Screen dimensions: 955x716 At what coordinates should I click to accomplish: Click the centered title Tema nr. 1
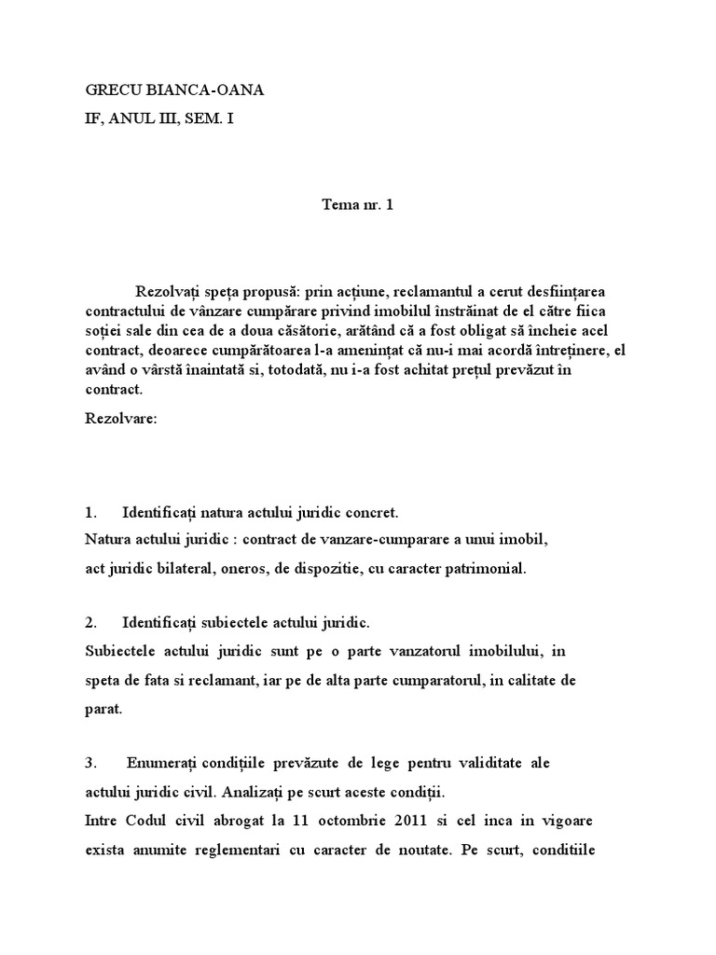(x=357, y=206)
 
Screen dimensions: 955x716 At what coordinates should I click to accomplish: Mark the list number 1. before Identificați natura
(x=91, y=513)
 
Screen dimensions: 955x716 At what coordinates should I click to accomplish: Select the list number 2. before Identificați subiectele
(x=91, y=622)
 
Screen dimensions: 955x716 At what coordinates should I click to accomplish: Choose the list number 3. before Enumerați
(x=91, y=763)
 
